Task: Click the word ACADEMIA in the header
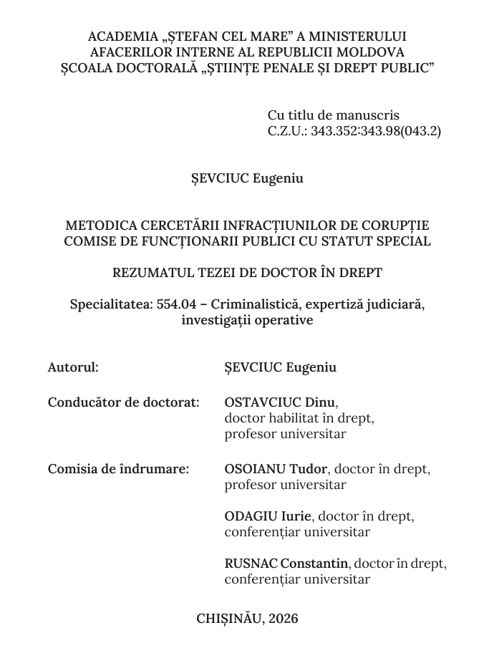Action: (x=120, y=37)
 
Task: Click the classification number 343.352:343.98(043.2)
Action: (x=376, y=131)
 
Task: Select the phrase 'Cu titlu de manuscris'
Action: (x=333, y=115)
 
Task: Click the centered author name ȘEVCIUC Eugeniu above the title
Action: (x=247, y=178)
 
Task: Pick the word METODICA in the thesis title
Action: (x=98, y=226)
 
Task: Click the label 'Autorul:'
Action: (x=73, y=367)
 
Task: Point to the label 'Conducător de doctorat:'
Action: (x=123, y=402)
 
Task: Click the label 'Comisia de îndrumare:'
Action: (x=118, y=469)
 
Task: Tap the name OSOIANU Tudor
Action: (x=276, y=469)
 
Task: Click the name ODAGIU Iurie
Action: (x=267, y=516)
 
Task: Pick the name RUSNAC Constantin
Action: (x=286, y=563)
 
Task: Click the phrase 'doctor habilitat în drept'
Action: (x=299, y=418)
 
